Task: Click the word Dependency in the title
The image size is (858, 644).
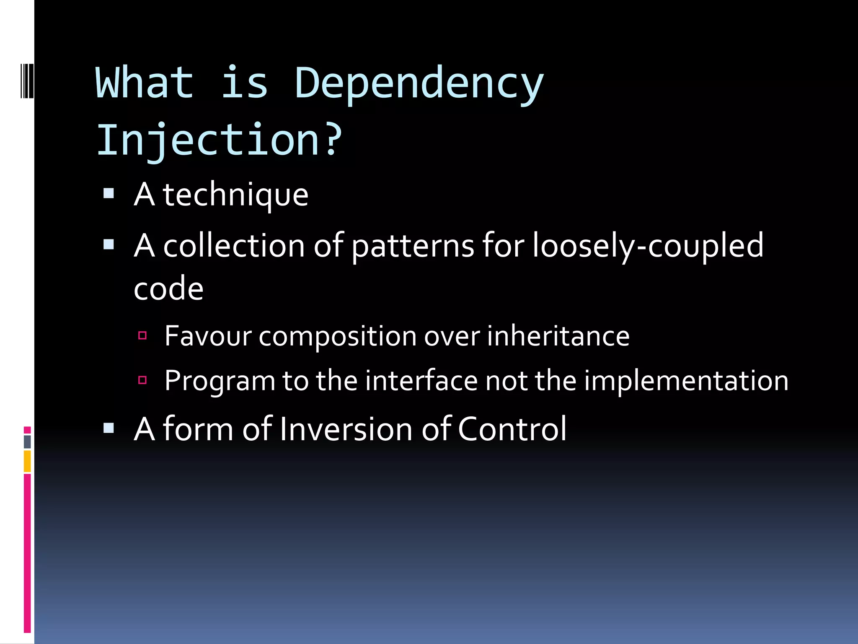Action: click(x=419, y=84)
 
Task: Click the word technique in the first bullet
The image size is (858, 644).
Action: click(x=235, y=195)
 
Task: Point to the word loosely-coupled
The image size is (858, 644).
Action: click(x=648, y=246)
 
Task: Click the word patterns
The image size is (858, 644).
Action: click(x=413, y=246)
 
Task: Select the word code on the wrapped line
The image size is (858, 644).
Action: click(x=168, y=289)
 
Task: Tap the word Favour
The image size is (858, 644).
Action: click(x=208, y=336)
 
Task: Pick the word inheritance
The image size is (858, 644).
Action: click(x=558, y=336)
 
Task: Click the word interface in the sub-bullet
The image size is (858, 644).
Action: click(x=421, y=381)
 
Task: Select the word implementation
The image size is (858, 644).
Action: click(x=686, y=381)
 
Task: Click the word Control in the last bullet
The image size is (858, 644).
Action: click(x=512, y=429)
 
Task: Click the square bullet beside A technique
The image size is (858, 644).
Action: click(x=109, y=193)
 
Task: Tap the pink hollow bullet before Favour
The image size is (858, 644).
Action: click(x=142, y=335)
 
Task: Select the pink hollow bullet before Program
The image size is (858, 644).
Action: click(x=142, y=380)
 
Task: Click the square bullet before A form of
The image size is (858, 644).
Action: click(x=109, y=428)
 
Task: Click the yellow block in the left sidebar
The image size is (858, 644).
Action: click(x=27, y=461)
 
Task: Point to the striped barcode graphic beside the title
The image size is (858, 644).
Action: click(x=27, y=80)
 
